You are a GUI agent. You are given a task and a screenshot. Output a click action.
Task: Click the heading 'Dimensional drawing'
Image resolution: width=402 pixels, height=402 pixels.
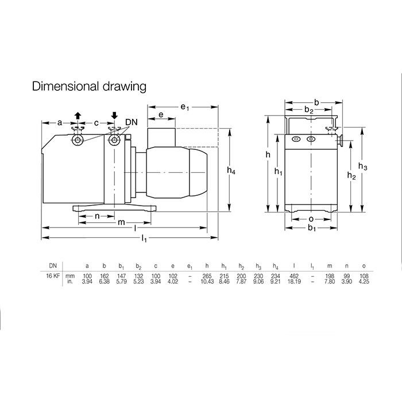point(89,86)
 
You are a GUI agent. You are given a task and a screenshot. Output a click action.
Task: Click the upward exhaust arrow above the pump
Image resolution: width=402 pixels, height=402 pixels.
point(78,116)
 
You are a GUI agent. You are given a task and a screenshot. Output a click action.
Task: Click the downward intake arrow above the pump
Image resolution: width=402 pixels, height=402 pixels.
point(114,115)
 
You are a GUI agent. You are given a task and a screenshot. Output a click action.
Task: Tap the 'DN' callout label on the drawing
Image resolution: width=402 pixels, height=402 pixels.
point(132,122)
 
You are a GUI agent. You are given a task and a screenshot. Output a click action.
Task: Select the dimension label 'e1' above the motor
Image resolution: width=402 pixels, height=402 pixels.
point(184,107)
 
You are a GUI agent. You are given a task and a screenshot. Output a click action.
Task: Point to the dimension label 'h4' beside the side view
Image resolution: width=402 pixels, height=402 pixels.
point(231,170)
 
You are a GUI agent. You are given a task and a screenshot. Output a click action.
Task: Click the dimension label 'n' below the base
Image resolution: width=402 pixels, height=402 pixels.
point(97,216)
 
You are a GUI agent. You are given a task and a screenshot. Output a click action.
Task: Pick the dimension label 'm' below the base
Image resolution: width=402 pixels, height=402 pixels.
point(121,222)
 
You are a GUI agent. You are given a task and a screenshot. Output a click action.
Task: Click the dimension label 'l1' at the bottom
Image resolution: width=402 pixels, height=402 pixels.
point(144,238)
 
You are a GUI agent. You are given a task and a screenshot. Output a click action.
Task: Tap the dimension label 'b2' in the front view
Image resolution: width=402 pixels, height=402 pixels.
point(309,110)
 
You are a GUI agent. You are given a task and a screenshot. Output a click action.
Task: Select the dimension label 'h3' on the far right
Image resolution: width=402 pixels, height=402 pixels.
point(362,167)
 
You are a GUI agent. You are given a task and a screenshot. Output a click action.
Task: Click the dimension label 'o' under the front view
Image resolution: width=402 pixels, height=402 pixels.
point(311,219)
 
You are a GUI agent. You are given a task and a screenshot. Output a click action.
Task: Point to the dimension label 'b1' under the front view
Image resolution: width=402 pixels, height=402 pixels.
point(311,227)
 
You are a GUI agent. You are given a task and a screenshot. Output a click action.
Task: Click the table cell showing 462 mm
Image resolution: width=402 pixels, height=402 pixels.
point(294,276)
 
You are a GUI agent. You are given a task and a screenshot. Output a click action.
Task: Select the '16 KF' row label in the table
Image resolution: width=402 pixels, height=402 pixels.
point(53,276)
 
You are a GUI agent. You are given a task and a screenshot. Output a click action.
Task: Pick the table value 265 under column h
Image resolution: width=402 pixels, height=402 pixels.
point(207,276)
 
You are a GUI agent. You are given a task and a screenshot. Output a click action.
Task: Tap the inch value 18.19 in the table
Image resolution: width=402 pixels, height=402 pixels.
point(294,281)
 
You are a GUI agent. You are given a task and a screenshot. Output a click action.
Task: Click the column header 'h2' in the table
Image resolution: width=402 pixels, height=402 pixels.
point(241,266)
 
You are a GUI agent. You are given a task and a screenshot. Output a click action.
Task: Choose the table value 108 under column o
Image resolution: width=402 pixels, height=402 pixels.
point(364,276)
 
